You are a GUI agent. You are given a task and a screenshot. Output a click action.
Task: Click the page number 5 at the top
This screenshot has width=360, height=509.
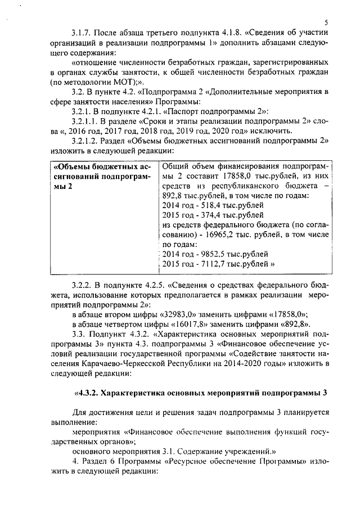(326, 21)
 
